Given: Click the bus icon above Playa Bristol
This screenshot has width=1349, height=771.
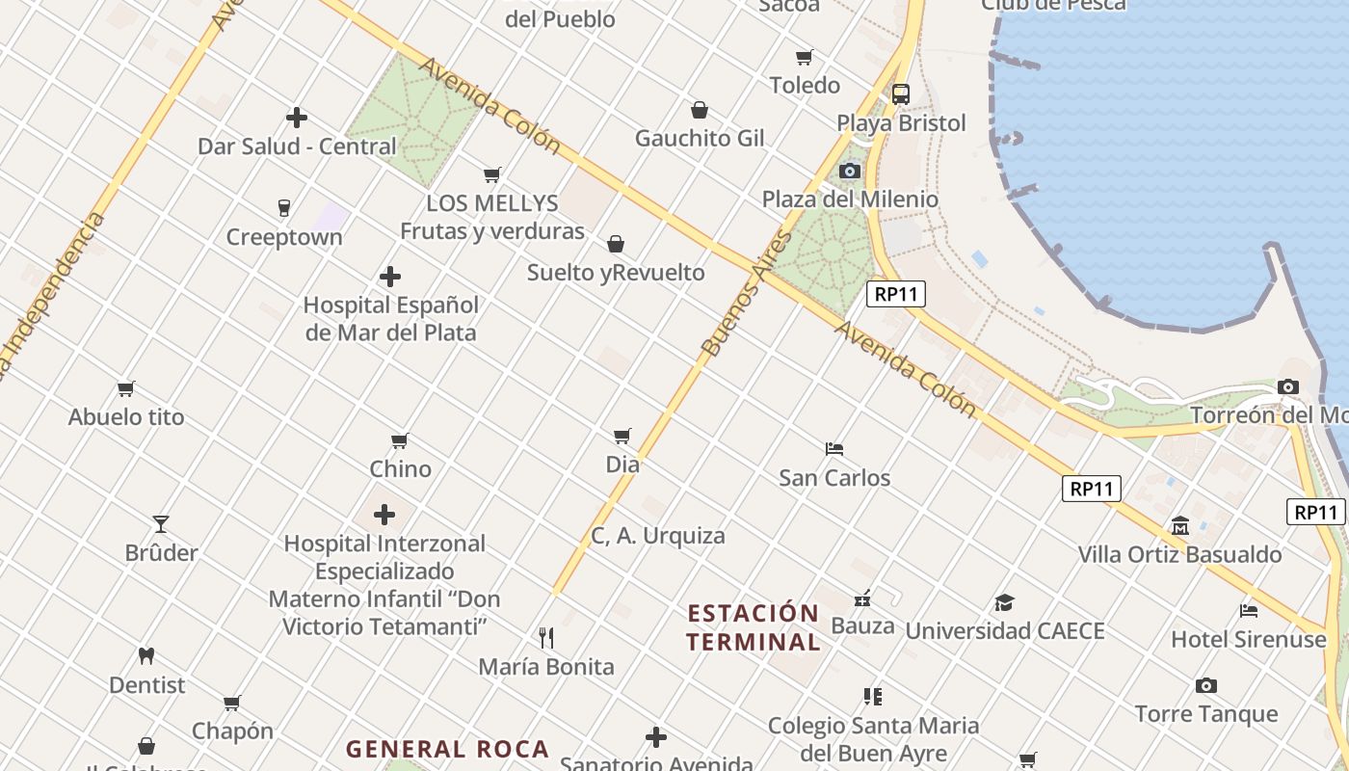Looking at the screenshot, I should click(x=901, y=93).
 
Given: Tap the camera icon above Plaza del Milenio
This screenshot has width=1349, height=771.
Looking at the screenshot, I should click(x=849, y=171).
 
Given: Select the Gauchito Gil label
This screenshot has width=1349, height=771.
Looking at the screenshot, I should click(x=700, y=138).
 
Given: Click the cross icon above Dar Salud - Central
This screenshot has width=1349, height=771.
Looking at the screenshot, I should click(x=297, y=118).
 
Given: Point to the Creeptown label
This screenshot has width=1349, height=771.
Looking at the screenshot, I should click(x=284, y=237).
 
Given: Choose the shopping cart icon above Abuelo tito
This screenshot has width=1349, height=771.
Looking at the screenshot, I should click(x=126, y=389).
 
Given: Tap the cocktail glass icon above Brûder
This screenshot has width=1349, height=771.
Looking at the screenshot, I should click(x=161, y=524).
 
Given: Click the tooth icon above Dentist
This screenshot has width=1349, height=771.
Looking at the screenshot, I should click(x=146, y=655).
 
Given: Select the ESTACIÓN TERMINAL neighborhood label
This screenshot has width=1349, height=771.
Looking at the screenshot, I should click(x=753, y=627).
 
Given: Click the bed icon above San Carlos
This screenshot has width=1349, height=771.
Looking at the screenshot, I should click(x=834, y=449).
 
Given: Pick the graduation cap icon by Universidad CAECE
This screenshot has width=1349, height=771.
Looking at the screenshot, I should click(x=1004, y=603).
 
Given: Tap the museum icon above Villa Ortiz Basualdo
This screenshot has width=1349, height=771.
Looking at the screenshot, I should click(x=1180, y=526).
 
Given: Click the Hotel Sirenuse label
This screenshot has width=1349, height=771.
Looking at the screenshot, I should click(x=1248, y=639).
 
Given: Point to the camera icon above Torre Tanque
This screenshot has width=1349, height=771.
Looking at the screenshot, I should click(x=1205, y=686).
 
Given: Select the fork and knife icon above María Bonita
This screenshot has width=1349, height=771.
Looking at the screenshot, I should click(x=546, y=637).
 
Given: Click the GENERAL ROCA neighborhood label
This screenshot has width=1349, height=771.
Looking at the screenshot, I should click(x=447, y=749).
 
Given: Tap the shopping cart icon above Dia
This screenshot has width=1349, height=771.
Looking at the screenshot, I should click(x=622, y=437).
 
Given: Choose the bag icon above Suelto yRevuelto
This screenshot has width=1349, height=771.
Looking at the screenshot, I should click(x=616, y=244).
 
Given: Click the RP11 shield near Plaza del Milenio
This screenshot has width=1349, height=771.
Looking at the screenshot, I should click(x=896, y=294).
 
